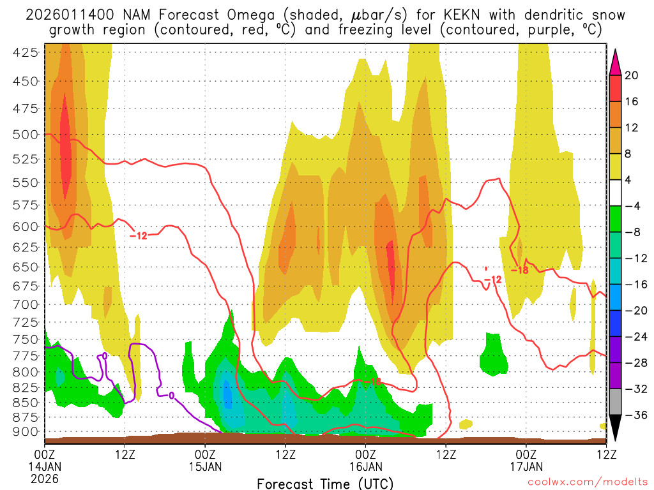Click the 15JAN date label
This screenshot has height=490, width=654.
coord(206,466)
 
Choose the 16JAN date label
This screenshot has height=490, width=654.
coord(366,466)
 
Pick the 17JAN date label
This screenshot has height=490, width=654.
coord(526,466)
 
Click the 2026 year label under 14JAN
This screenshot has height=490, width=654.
coord(45,478)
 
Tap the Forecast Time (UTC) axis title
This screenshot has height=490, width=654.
coord(325,483)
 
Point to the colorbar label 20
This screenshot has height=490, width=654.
coord(632,75)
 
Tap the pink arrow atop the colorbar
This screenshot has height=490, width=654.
coord(616,61)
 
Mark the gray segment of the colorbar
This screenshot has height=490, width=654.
coord(616,402)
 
